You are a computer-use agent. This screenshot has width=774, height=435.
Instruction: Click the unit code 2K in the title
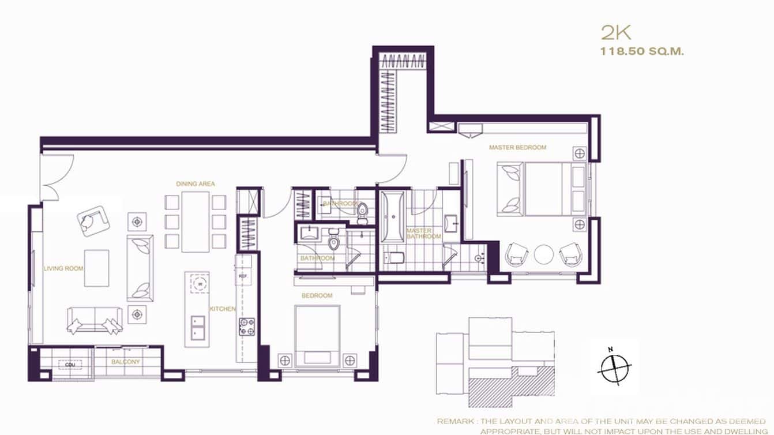(615, 33)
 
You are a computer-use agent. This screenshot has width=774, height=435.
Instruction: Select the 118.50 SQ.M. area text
(642, 51)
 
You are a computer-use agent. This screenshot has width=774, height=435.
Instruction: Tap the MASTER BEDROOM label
(517, 148)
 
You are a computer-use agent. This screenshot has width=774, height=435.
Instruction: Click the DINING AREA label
(196, 184)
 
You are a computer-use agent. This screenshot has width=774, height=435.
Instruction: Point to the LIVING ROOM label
(63, 268)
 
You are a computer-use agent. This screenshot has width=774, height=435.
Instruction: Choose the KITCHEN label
(223, 309)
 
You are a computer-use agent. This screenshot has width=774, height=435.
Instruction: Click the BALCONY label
(126, 362)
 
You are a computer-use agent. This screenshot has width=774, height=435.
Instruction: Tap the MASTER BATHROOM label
(424, 234)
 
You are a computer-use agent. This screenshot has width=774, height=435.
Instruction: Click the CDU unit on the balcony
(70, 364)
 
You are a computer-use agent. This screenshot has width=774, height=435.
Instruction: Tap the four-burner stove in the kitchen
(247, 327)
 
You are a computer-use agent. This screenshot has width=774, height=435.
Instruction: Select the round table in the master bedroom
(543, 254)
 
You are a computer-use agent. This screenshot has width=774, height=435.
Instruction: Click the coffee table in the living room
(96, 268)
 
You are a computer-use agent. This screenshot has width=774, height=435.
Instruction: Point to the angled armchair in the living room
(92, 220)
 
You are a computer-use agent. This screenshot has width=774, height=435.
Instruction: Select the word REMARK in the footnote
(456, 422)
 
